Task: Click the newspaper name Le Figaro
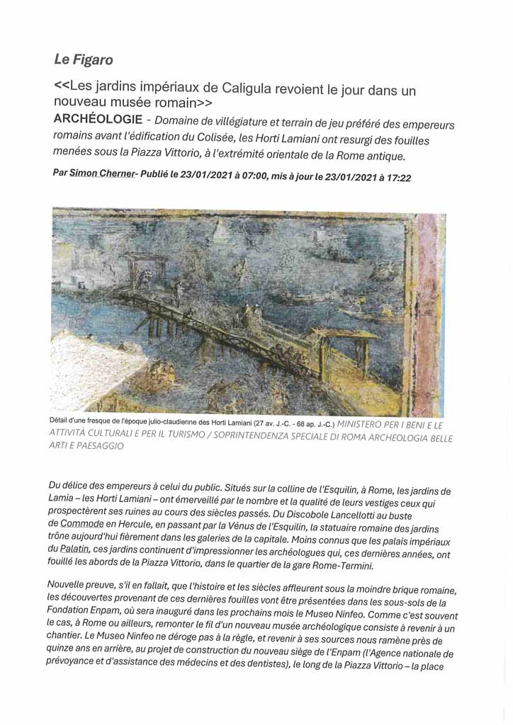click(x=83, y=59)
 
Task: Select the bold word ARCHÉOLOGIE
click(x=98, y=119)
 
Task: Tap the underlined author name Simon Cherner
click(x=101, y=173)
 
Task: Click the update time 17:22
click(x=396, y=178)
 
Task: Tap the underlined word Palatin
click(x=75, y=549)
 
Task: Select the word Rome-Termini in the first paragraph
click(x=342, y=566)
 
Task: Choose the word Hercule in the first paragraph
click(x=142, y=524)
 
